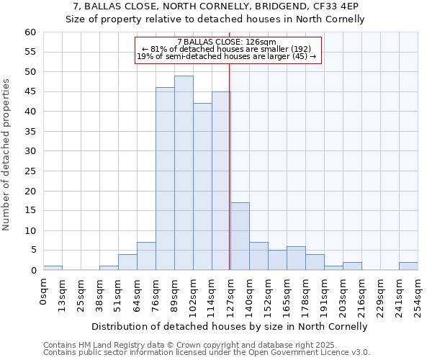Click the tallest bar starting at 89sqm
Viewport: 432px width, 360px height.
(x=184, y=173)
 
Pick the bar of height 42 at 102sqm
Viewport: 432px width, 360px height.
(x=202, y=186)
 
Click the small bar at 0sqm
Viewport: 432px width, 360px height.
(x=53, y=268)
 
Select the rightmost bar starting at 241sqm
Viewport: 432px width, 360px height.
(x=408, y=266)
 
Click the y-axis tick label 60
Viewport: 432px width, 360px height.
(x=30, y=32)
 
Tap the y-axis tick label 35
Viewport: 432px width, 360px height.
(x=30, y=132)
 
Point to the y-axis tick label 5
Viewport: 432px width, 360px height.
(x=32, y=251)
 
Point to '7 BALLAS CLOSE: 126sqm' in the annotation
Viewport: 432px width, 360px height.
(x=226, y=42)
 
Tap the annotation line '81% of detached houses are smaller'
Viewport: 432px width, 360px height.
(x=226, y=50)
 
